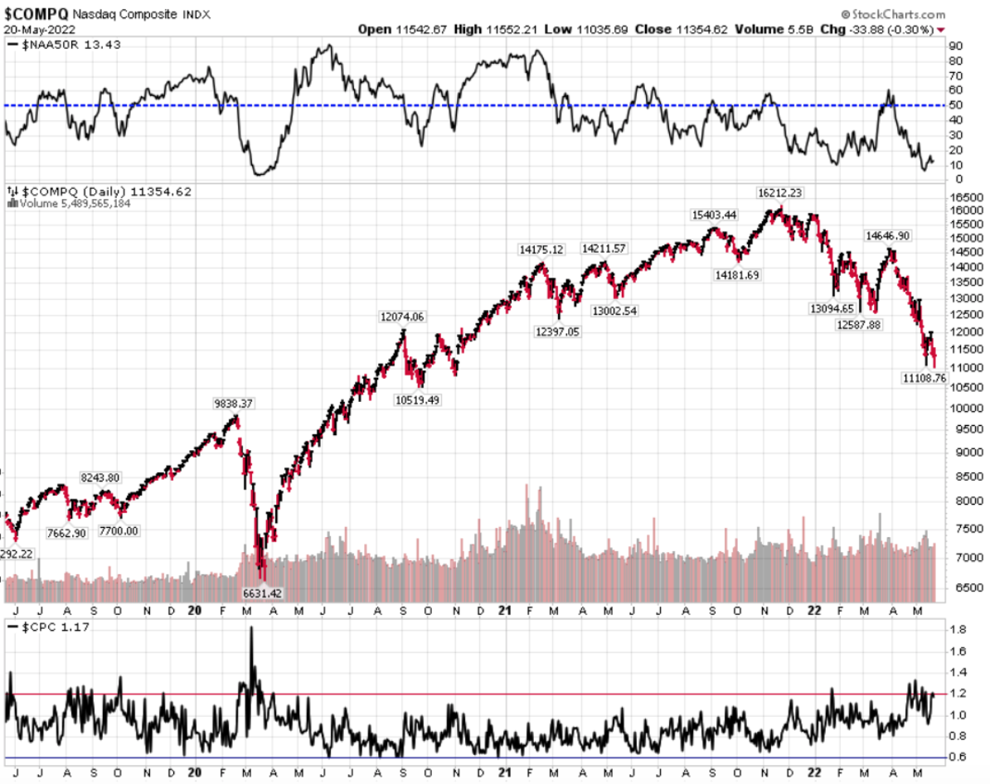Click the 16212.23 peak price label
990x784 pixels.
[x=780, y=192]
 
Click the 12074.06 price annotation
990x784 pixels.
[x=401, y=317]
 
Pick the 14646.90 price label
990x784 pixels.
[x=888, y=235]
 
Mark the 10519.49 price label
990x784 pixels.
[x=416, y=399]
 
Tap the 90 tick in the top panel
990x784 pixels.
[x=956, y=46]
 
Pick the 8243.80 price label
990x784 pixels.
[x=100, y=477]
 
